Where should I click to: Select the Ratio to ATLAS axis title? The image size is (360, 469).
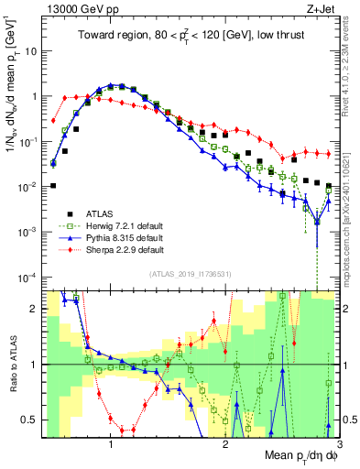pyautogui.click(x=11, y=365)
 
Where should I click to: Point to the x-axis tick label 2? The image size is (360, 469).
pyautogui.click(x=225, y=443)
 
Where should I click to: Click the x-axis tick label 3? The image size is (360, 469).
pyautogui.click(x=339, y=443)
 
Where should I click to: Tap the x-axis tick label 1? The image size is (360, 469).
pyautogui.click(x=111, y=443)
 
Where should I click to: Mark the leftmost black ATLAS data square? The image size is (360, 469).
pyautogui.click(x=53, y=186)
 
